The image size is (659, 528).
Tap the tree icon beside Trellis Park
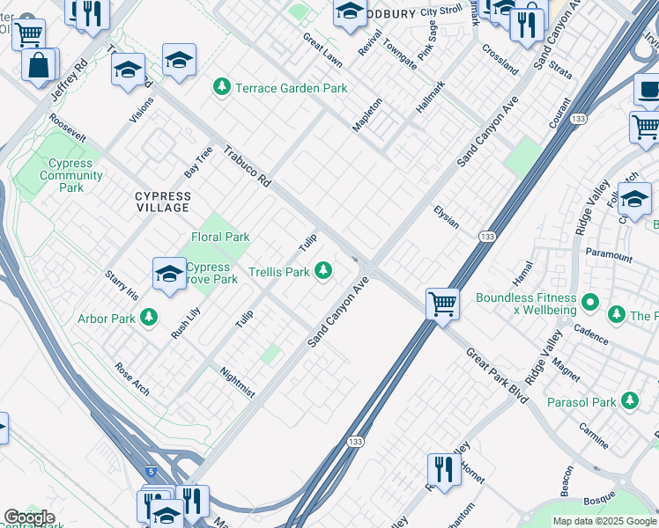pyautogui.click(x=325, y=271)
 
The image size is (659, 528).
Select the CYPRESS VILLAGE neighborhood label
pyautogui.click(x=163, y=202)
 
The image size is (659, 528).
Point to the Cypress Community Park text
pyautogui.click(x=72, y=176)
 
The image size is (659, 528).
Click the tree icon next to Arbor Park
pyautogui.click(x=150, y=316)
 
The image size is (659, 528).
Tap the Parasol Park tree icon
pyautogui.click(x=629, y=401)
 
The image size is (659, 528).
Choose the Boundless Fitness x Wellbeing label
pyautogui.click(x=526, y=304)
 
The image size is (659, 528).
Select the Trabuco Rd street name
pyautogui.click(x=247, y=165)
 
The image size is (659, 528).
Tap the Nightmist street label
pyautogui.click(x=238, y=382)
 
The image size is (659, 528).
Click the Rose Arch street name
pyautogui.click(x=132, y=378)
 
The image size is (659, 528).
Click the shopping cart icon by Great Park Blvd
pyautogui.click(x=442, y=304)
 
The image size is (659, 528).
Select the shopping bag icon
pyautogui.click(x=39, y=64)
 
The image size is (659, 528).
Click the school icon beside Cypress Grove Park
pyautogui.click(x=168, y=273)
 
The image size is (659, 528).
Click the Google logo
pyautogui.click(x=29, y=517)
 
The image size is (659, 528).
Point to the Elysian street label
pyautogui.click(x=446, y=217)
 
